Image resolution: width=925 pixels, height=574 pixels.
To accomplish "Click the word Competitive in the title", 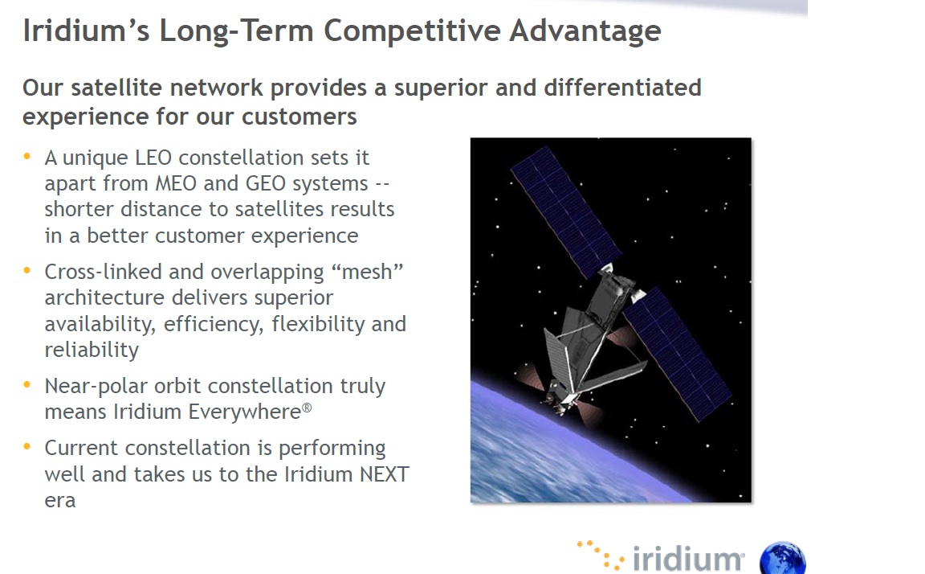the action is (x=412, y=31).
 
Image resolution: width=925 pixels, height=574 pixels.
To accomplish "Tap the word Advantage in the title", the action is (x=585, y=31).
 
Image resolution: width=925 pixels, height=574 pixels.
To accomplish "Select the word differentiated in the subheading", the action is (x=622, y=88).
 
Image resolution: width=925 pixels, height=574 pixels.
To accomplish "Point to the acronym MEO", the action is (x=176, y=183).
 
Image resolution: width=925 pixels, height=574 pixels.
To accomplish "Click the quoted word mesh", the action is (x=367, y=272).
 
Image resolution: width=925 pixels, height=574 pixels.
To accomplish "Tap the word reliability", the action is (x=92, y=350).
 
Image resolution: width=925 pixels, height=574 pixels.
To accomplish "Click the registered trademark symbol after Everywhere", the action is (x=307, y=408).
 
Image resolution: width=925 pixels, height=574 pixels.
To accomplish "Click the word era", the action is (x=60, y=501).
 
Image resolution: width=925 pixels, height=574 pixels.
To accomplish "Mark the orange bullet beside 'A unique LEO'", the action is (x=26, y=157).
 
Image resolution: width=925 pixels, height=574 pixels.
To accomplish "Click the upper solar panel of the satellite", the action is (x=565, y=212).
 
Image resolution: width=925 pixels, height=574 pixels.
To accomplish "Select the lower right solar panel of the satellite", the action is (x=677, y=355).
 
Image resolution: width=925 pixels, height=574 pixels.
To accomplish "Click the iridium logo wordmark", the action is (x=687, y=558).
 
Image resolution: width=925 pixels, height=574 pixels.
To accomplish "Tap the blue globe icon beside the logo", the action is (x=783, y=559).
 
